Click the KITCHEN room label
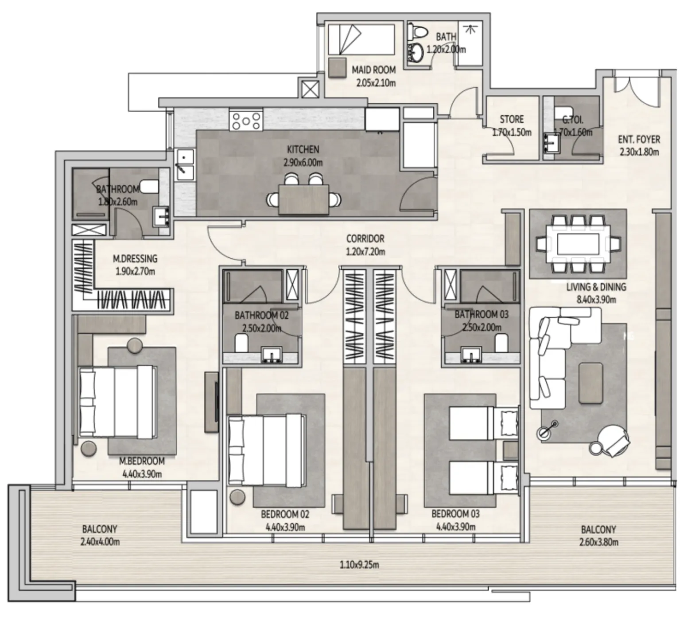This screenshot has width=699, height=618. [x=303, y=149]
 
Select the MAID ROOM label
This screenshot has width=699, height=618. [x=373, y=70]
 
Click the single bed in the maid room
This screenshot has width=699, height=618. [x=361, y=39]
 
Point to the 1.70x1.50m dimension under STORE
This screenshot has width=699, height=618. [x=512, y=132]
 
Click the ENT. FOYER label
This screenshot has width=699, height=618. [x=639, y=139]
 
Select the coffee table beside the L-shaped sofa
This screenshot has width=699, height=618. [x=590, y=383]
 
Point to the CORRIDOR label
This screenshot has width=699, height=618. [x=365, y=239]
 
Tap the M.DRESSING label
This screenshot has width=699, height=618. [x=135, y=258]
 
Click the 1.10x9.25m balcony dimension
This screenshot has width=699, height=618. [x=359, y=565]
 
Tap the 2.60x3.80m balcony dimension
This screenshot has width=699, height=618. [x=598, y=542]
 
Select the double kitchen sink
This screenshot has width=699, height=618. [x=185, y=164]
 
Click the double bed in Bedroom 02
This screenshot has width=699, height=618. [x=266, y=450]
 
